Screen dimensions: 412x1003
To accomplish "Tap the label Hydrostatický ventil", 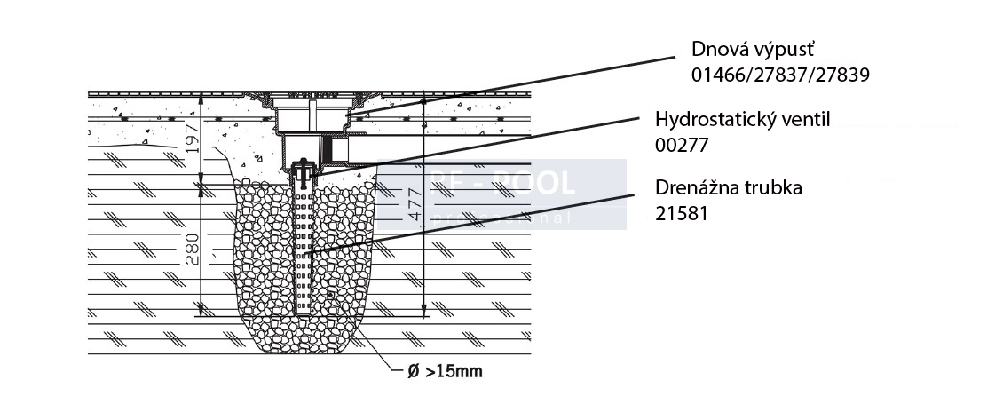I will click(742, 119).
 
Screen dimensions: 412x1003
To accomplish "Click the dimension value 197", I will click(189, 138).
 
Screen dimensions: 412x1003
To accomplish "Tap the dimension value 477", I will click(413, 206).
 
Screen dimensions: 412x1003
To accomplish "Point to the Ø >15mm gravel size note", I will click(445, 371).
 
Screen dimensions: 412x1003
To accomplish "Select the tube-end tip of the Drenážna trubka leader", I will click(304, 257).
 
